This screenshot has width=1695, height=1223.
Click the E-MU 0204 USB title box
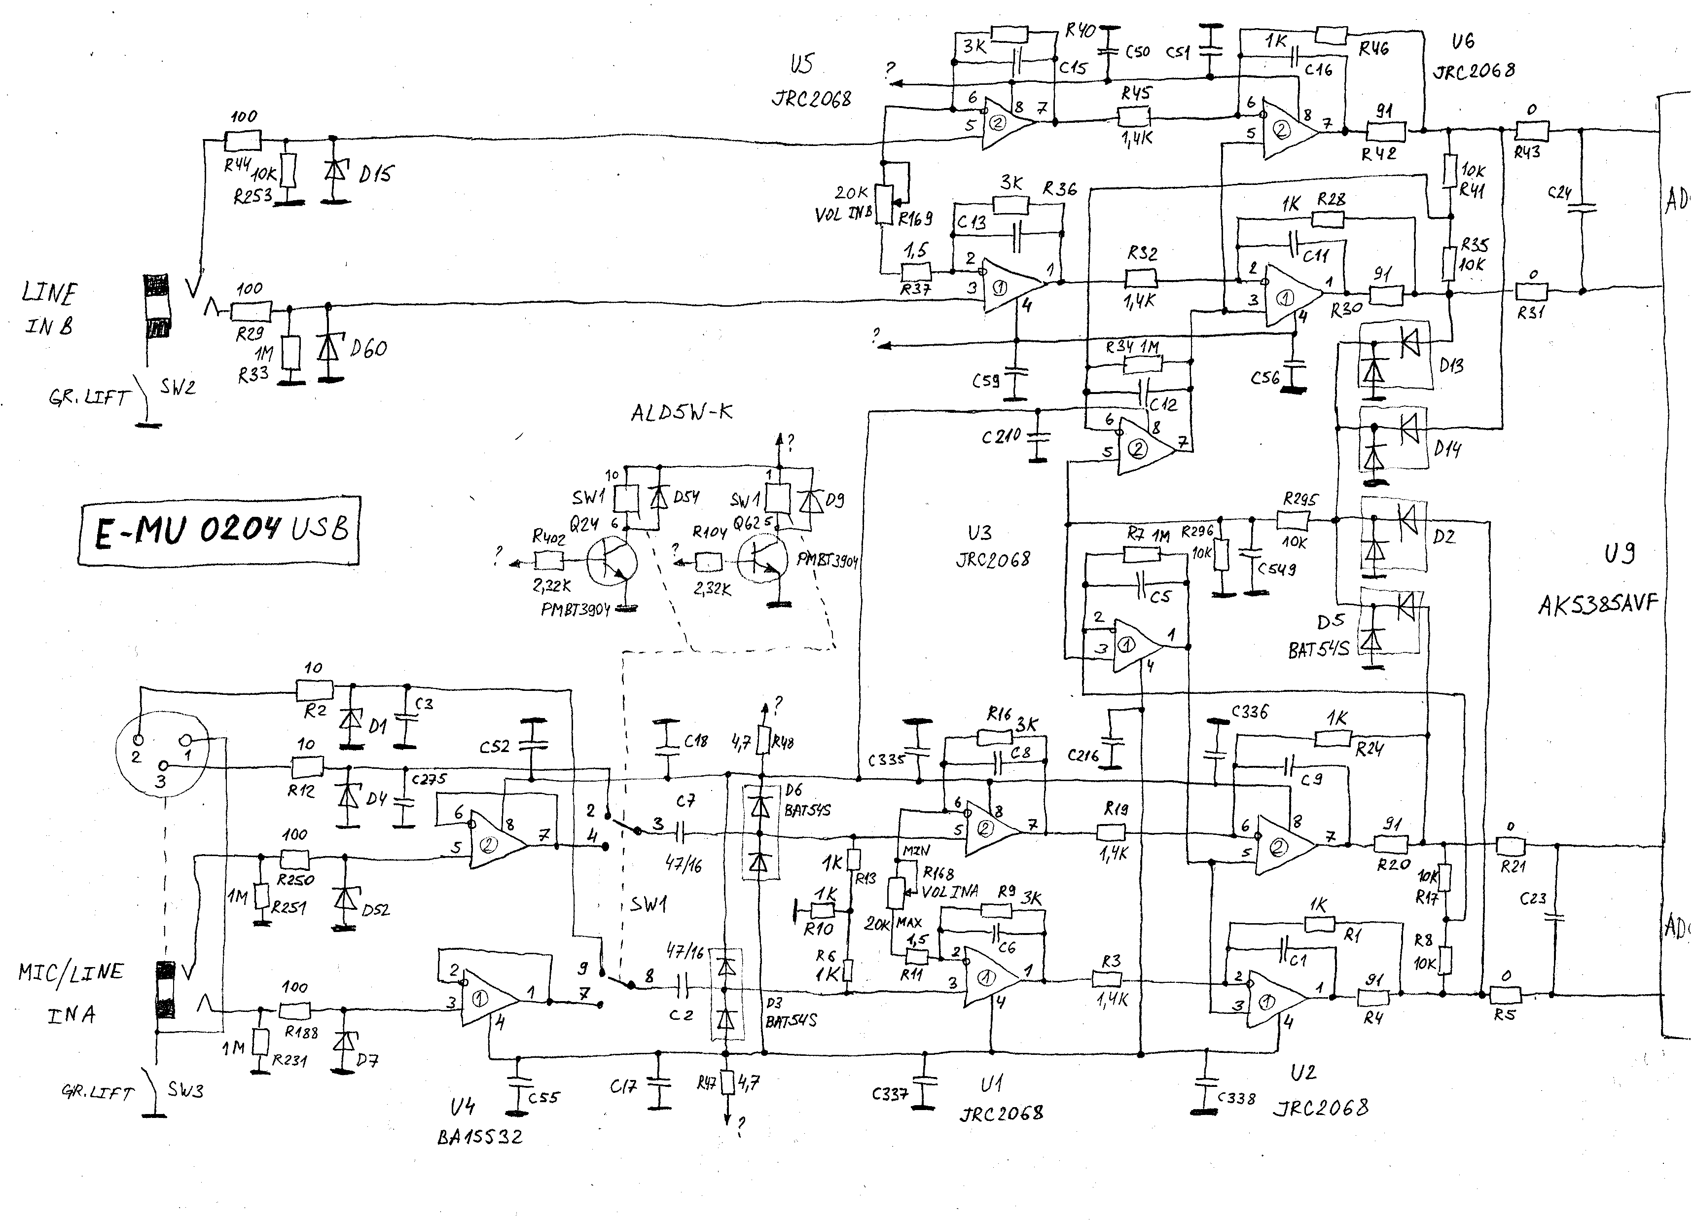[x=218, y=530]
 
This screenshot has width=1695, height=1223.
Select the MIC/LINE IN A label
[x=71, y=992]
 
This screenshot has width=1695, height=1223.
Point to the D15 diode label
[x=375, y=174]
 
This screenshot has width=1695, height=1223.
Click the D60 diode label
[x=368, y=348]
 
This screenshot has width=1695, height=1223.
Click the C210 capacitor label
[x=1002, y=436]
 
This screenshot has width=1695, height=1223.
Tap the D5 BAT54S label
[x=1319, y=636]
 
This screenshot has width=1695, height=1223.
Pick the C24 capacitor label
[x=1560, y=193]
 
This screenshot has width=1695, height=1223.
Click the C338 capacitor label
[x=1236, y=1098]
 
